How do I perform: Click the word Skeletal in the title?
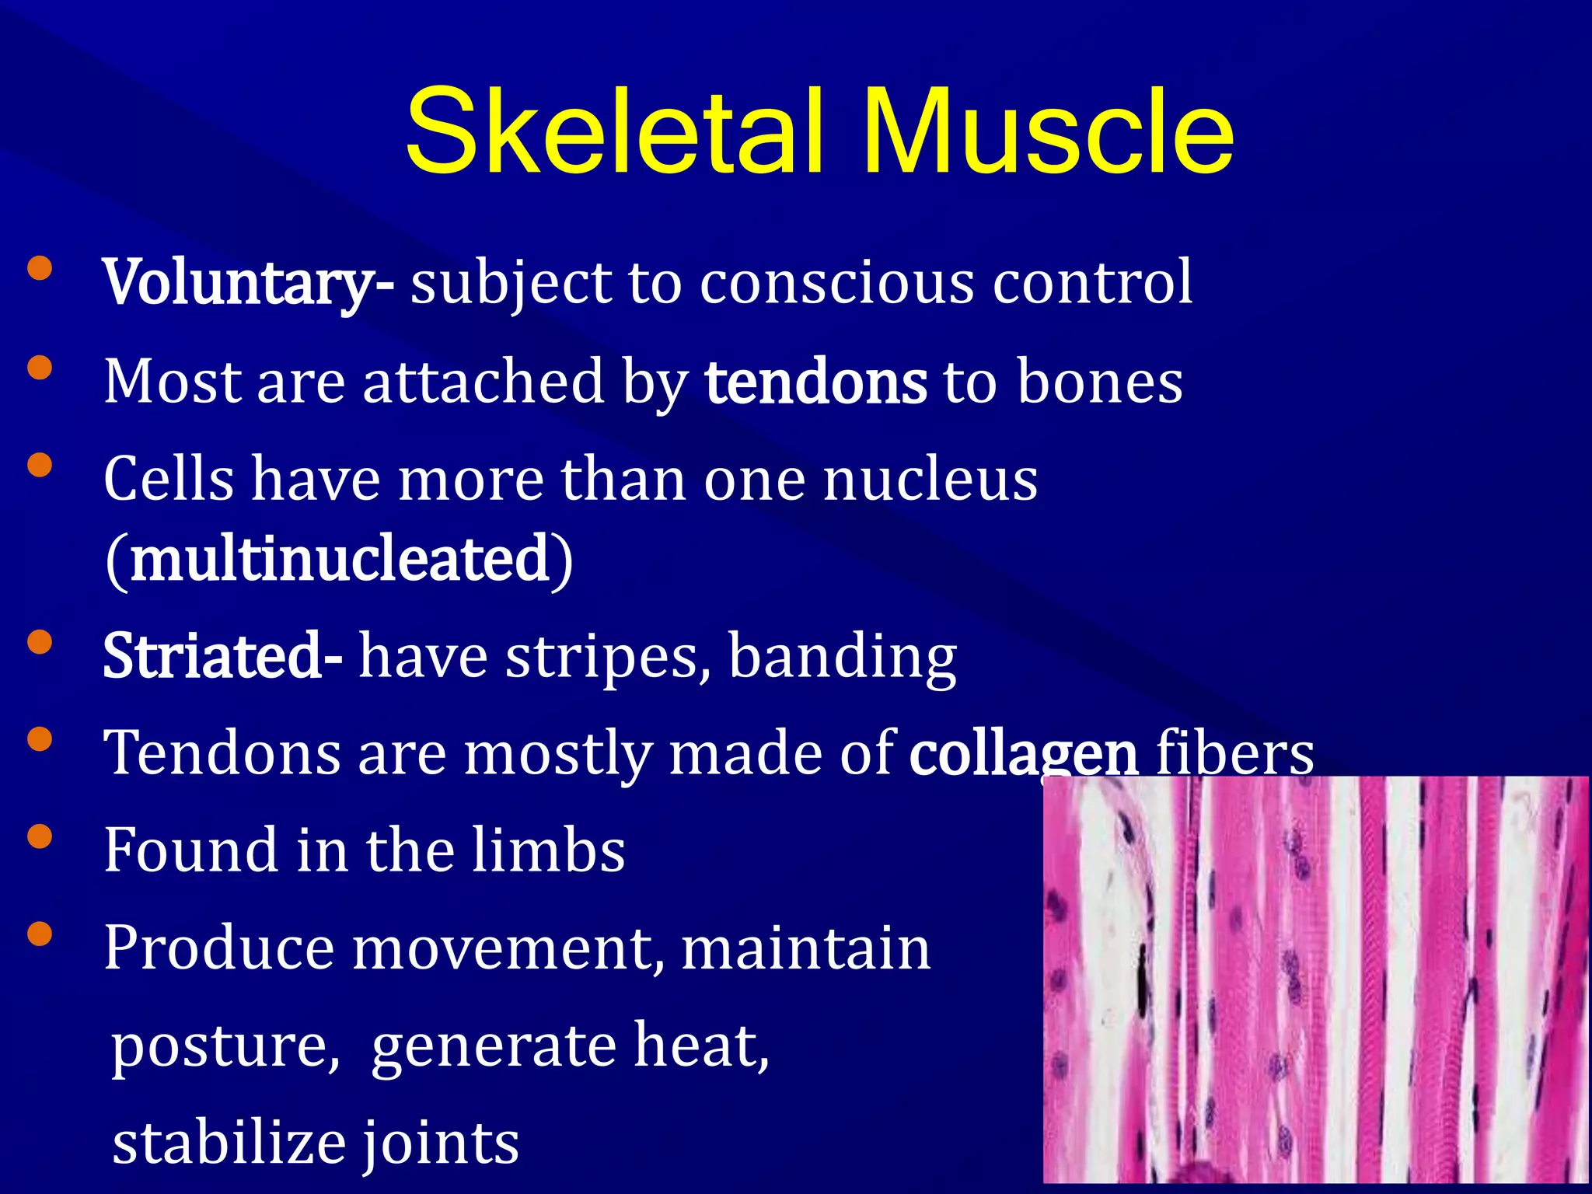click(x=613, y=132)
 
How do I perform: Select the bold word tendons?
click(x=815, y=382)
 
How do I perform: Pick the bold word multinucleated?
click(x=340, y=560)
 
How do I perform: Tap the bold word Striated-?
click(x=222, y=657)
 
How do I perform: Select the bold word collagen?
click(x=1024, y=754)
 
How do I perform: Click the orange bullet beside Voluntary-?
click(x=40, y=270)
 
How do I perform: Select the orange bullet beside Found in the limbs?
click(x=40, y=837)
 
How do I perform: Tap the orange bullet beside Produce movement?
click(x=40, y=934)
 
